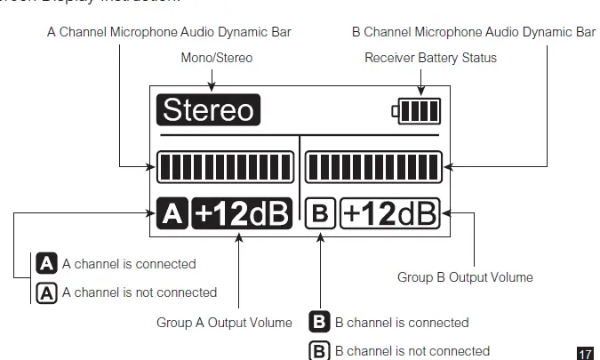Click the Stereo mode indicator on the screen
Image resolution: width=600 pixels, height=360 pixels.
pos(209,110)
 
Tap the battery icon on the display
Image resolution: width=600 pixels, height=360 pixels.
pos(417,111)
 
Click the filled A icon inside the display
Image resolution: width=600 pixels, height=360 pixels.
pos(172,213)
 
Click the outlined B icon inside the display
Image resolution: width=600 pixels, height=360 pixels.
pos(320,213)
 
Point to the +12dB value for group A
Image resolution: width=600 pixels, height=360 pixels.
pos(242,213)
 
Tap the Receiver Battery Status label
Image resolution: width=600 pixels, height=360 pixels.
pos(431,58)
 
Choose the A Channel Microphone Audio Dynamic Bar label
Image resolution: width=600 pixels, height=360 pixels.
pos(169,32)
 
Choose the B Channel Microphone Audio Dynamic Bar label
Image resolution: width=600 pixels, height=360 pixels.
pos(473,32)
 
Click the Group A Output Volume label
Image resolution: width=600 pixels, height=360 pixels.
pos(224,322)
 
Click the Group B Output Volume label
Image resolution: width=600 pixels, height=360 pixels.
pos(465,277)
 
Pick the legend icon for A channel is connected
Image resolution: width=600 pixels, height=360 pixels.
pos(46,264)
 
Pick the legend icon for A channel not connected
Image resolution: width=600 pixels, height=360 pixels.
pos(46,292)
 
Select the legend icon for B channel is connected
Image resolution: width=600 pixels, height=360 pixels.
pos(319,322)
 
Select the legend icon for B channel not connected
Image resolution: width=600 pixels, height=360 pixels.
pos(319,350)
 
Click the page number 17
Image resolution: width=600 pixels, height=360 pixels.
pos(584,353)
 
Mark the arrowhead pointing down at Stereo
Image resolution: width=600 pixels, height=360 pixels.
pos(212,86)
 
